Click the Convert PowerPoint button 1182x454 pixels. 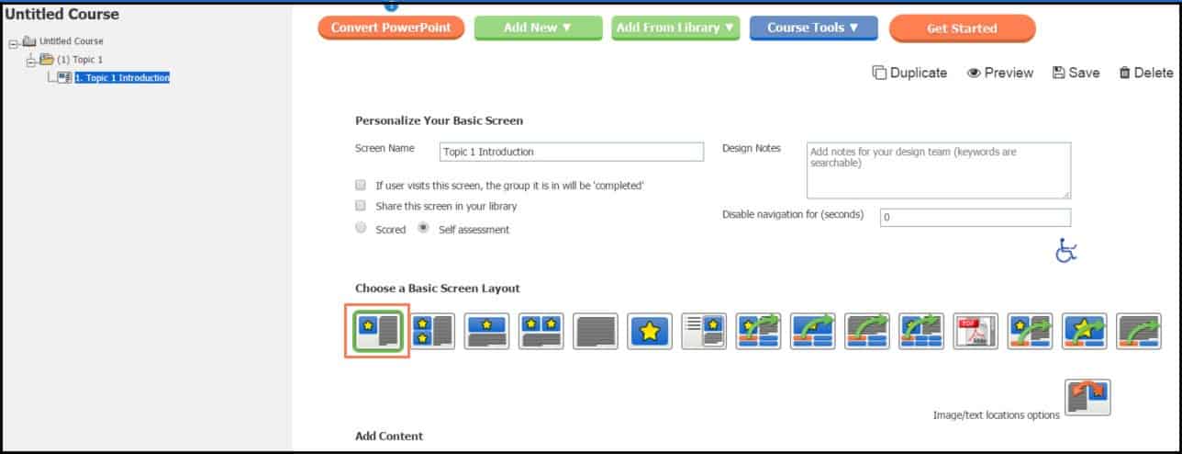point(391,28)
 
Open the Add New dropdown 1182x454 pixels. point(538,28)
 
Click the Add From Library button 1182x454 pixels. point(676,28)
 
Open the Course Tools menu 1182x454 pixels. point(813,28)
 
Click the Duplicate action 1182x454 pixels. point(909,73)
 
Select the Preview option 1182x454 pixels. point(999,73)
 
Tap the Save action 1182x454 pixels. point(1076,73)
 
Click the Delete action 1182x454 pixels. point(1145,73)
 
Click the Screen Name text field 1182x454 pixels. point(572,152)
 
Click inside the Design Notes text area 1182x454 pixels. point(938,170)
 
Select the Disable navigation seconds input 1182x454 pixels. point(975,218)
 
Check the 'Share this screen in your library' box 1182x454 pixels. point(361,206)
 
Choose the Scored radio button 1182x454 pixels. point(361,228)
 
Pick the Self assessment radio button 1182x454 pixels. point(424,228)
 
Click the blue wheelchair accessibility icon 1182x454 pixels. point(1065,251)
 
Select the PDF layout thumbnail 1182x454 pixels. point(976,331)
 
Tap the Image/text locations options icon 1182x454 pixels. point(1087,397)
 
